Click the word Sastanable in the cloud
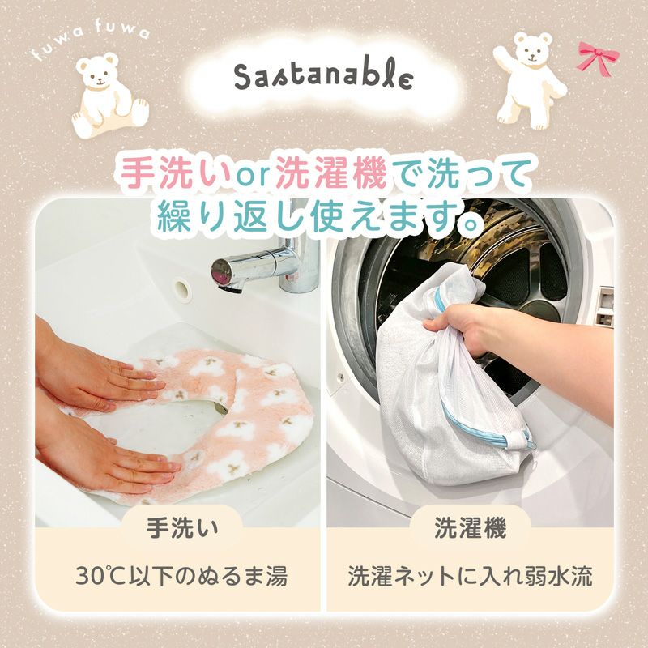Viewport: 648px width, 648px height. coord(323,75)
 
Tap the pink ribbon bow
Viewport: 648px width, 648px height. coord(598,58)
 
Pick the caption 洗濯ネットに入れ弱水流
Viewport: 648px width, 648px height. coord(471,577)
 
